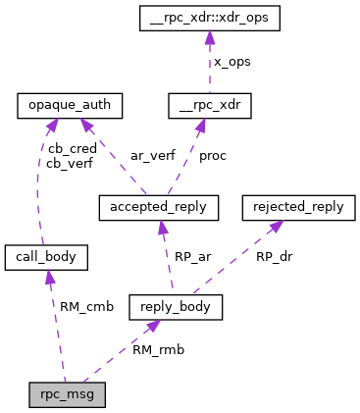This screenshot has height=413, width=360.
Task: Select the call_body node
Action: [46, 258]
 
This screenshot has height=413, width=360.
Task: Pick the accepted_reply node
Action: [158, 208]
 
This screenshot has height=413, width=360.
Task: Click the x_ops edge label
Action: [232, 61]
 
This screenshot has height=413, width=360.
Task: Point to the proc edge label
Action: [213, 155]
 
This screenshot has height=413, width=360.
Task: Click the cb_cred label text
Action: [70, 149]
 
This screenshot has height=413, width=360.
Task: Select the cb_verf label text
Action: [70, 164]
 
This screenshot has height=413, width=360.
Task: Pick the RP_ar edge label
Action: [192, 257]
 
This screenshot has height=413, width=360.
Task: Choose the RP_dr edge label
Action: [274, 257]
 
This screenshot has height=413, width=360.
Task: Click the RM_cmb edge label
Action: [86, 306]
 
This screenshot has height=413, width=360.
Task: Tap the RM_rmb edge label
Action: [158, 348]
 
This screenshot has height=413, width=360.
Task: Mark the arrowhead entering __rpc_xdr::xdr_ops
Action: [208, 36]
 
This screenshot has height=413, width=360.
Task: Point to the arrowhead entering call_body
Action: [49, 278]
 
